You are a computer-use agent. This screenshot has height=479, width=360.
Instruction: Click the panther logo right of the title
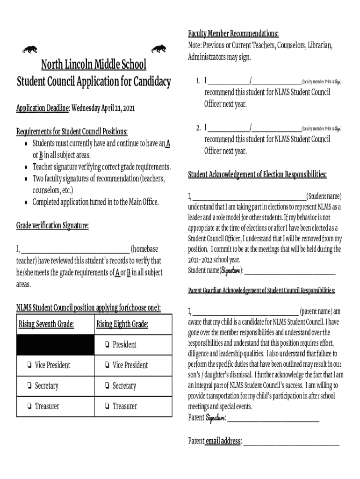[x=159, y=49]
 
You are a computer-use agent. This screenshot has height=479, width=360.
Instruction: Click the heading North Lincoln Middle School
[x=94, y=64]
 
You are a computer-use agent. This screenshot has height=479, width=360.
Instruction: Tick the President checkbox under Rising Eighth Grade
[x=108, y=345]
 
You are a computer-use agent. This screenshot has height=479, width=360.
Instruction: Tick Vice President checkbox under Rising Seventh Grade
[x=29, y=365]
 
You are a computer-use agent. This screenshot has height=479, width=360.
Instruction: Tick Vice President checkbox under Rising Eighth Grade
[x=108, y=365]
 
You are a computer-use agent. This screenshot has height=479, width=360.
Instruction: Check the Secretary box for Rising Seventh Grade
[x=29, y=386]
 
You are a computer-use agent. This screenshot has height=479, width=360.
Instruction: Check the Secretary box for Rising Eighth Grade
[x=108, y=386]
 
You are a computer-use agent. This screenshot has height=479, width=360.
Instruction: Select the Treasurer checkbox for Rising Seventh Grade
[x=29, y=406]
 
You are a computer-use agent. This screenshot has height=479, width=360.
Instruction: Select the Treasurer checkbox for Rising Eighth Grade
[x=108, y=406]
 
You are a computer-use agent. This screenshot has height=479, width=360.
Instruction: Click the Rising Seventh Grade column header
[x=46, y=324]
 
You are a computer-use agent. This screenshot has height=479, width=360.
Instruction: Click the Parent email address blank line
[x=291, y=442]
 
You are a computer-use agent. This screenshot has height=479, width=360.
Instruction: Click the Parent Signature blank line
[x=273, y=419]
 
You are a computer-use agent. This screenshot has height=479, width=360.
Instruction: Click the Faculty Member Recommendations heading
[x=233, y=34]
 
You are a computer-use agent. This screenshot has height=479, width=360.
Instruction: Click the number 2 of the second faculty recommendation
[x=198, y=128]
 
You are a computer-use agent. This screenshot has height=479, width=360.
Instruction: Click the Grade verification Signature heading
[x=52, y=226]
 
